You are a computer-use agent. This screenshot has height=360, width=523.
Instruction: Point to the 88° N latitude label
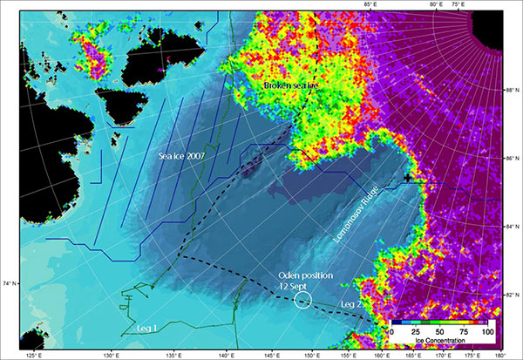[511, 88]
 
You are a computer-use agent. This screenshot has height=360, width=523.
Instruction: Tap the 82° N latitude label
[511, 295]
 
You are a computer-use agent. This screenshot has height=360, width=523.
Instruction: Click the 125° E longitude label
[36, 355]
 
